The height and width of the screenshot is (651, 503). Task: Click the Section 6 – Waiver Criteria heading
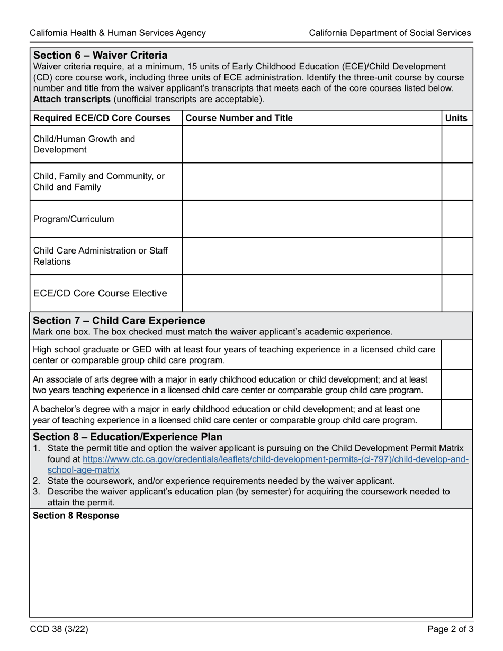100,55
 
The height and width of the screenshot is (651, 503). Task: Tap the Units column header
456,118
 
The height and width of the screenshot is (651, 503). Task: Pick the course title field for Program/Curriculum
312,219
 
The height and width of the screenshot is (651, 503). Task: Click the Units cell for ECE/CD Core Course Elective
457,293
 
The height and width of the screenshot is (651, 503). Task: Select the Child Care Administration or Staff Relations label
101,256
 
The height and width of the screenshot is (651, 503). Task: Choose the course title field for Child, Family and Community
312,182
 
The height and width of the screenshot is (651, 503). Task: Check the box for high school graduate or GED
456,355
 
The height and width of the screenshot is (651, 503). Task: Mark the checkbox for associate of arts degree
456,385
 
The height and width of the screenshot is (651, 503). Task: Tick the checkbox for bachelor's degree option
456,414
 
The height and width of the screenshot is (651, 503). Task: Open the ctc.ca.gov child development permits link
275,459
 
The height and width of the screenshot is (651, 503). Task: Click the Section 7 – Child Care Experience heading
119,320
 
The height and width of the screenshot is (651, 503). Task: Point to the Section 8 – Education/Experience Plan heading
128,437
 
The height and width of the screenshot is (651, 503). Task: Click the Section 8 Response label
76,516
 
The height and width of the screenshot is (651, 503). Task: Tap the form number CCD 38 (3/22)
58,630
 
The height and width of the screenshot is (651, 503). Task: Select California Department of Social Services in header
390,33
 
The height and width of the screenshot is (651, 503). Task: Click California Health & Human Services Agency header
118,33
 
